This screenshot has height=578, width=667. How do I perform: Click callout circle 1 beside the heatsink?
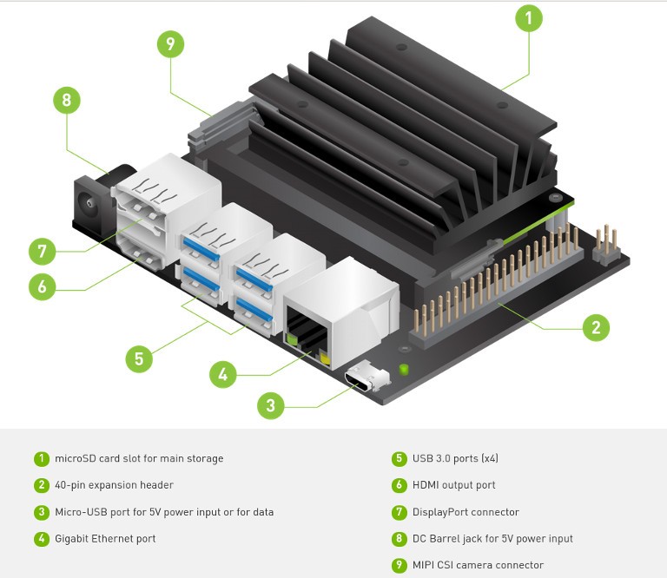(529, 18)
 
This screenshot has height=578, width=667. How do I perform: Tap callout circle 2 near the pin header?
(596, 327)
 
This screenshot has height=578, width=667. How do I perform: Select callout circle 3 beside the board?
(272, 404)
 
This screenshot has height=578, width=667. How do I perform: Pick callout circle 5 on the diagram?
(140, 359)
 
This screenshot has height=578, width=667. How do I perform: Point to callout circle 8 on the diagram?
(67, 100)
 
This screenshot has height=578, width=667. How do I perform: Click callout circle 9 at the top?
(170, 44)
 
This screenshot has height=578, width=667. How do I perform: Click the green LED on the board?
(403, 371)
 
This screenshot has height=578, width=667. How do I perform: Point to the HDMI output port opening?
(143, 257)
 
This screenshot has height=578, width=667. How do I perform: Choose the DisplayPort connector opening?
(143, 212)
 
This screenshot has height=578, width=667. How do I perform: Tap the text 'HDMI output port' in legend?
(454, 485)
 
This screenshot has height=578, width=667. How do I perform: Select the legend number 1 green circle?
(42, 458)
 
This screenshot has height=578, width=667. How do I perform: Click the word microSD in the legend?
(75, 458)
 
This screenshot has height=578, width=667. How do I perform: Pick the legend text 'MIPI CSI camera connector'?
(479, 565)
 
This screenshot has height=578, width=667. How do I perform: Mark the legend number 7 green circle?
(400, 512)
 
